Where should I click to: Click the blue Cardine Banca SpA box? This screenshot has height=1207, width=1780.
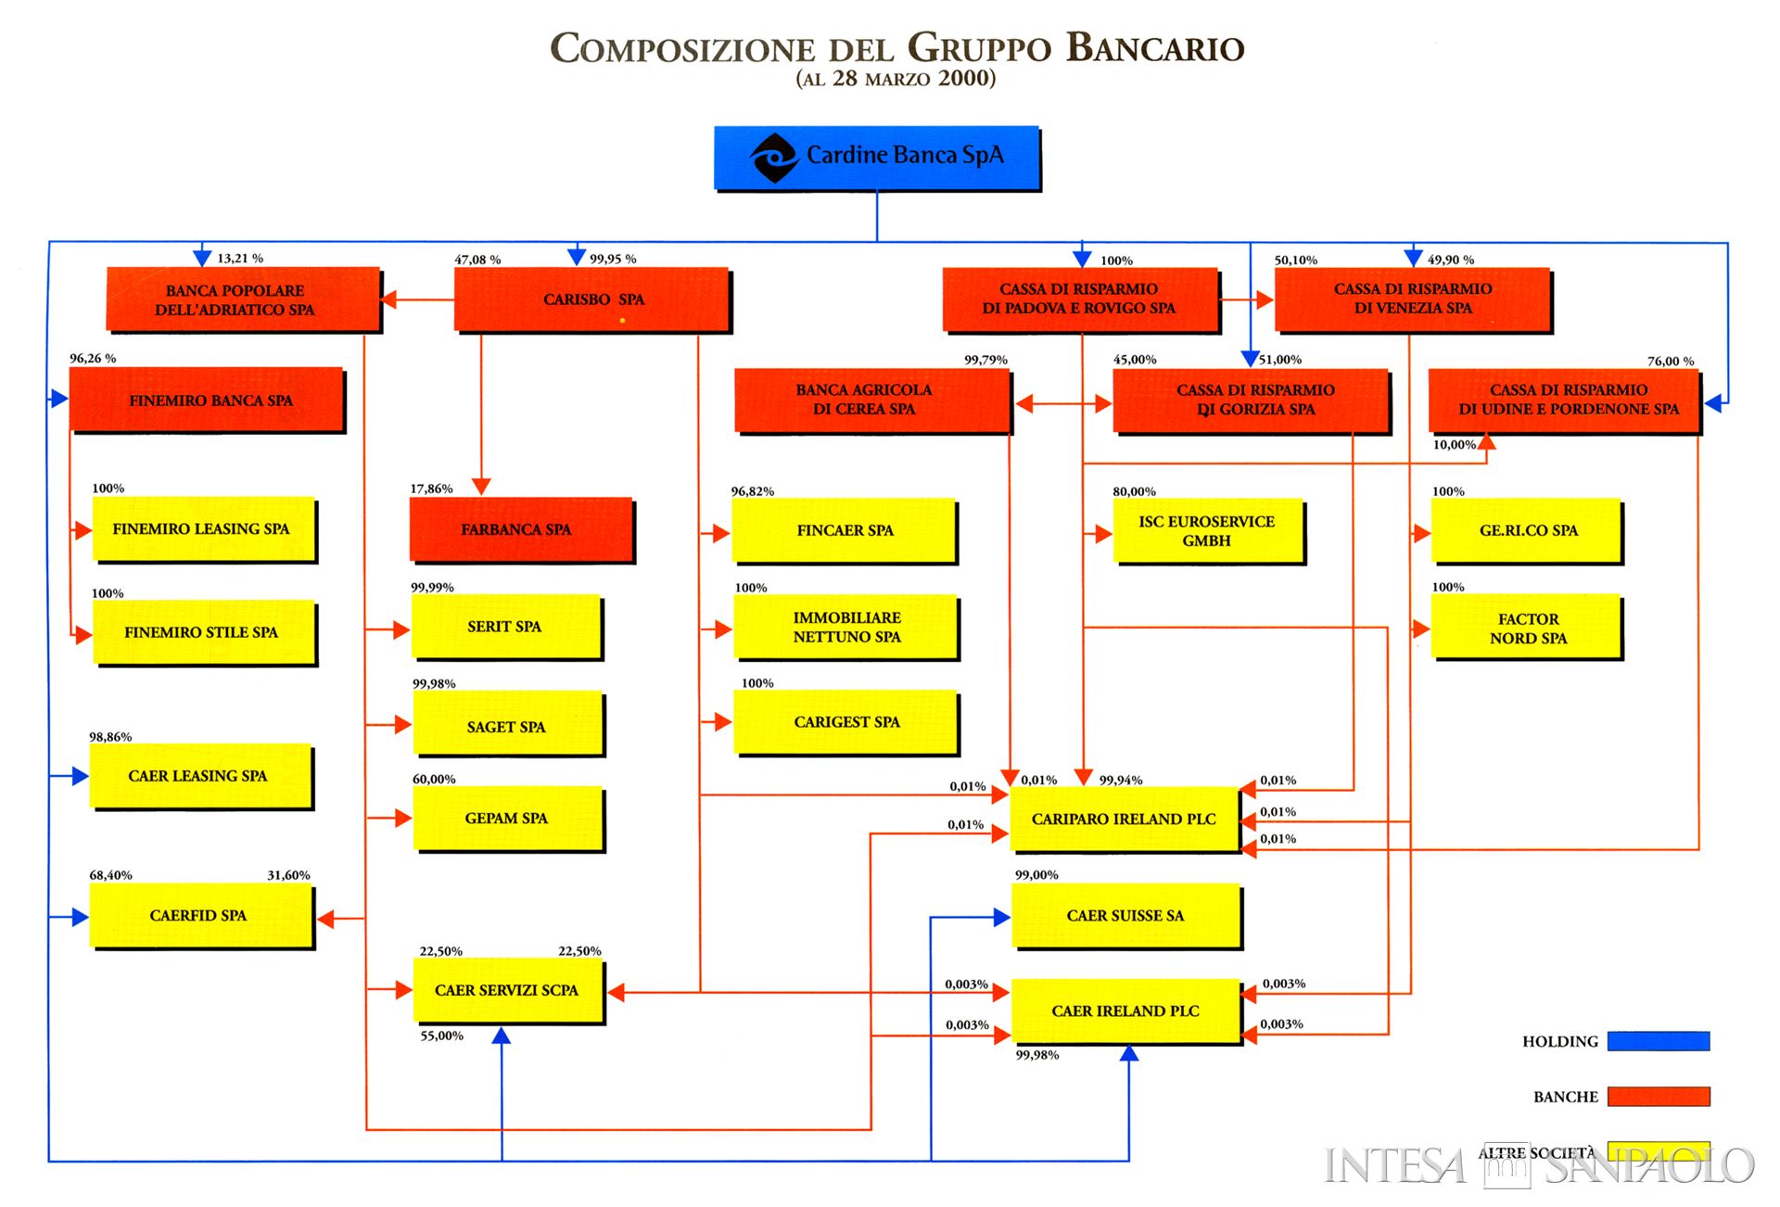pyautogui.click(x=876, y=158)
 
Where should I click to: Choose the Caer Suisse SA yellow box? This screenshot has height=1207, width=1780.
pyautogui.click(x=1125, y=915)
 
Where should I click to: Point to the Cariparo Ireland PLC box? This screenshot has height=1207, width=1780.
pyautogui.click(x=1124, y=819)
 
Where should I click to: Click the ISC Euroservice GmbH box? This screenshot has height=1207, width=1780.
pyautogui.click(x=1207, y=531)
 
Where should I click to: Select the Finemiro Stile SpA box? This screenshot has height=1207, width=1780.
pyautogui.click(x=203, y=632)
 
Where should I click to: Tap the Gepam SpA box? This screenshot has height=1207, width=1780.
pyautogui.click(x=507, y=819)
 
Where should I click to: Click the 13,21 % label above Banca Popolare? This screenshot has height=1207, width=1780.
pyautogui.click(x=240, y=259)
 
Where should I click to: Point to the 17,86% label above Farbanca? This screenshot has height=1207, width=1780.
pyautogui.click(x=431, y=489)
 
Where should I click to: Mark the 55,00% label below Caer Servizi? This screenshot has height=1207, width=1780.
pyautogui.click(x=441, y=1035)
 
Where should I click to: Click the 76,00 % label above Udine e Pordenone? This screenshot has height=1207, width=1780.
pyautogui.click(x=1670, y=361)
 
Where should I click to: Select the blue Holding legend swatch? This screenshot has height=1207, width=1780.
pyautogui.click(x=1658, y=1041)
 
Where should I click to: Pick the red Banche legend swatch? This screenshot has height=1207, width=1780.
pyautogui.click(x=1658, y=1097)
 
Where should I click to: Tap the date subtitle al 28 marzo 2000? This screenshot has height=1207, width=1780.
pyautogui.click(x=896, y=79)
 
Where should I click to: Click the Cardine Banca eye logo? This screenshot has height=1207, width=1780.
pyautogui.click(x=774, y=158)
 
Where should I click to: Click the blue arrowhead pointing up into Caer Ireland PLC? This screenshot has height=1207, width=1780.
pyautogui.click(x=1128, y=1053)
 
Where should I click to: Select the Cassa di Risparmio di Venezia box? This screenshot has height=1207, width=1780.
pyautogui.click(x=1412, y=299)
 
